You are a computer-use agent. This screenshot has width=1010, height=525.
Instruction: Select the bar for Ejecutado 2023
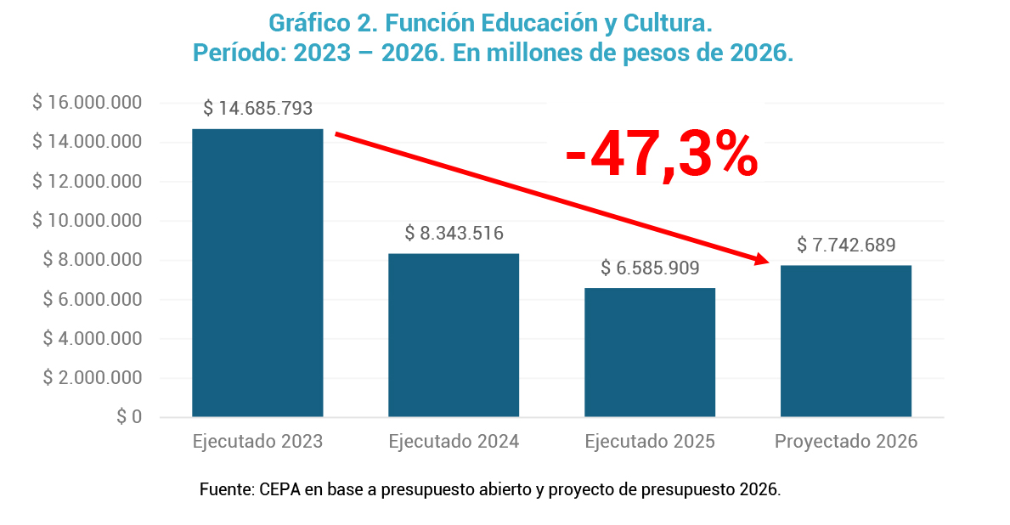click(257, 273)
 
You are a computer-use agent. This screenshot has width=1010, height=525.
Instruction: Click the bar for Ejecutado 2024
click(454, 335)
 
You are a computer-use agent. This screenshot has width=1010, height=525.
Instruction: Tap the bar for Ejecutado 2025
click(650, 352)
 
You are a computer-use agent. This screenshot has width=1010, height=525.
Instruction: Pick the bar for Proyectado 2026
click(846, 341)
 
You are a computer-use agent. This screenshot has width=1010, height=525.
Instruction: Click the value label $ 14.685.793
click(258, 109)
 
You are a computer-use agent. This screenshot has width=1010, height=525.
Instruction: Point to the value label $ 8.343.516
click(454, 233)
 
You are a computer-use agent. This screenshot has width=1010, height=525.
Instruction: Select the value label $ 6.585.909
click(650, 268)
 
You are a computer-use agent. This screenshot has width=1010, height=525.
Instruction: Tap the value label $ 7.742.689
click(846, 246)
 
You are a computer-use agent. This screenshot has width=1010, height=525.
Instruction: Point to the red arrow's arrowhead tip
click(769, 262)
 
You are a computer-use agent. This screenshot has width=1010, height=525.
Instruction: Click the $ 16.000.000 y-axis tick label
click(87, 103)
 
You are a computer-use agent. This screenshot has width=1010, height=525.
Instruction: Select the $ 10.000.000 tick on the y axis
click(87, 221)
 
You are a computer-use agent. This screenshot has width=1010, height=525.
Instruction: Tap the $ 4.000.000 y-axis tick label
click(93, 339)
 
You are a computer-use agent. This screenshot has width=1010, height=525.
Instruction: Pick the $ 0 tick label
click(130, 417)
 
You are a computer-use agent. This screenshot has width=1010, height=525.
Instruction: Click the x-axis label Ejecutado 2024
click(454, 442)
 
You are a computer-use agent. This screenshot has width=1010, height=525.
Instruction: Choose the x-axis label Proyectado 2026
click(846, 442)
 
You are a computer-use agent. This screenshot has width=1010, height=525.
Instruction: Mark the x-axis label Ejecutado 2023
click(257, 442)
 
